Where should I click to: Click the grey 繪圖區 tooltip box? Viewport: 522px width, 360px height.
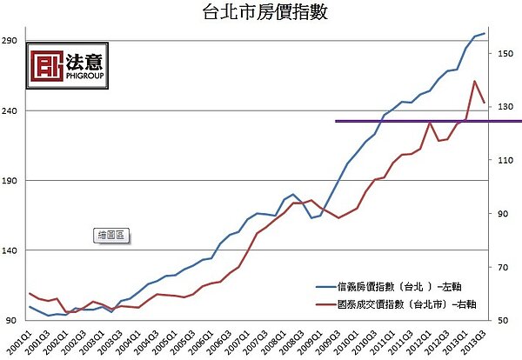(111, 234)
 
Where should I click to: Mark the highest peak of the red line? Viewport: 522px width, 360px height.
(474, 82)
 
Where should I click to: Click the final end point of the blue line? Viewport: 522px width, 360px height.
(485, 33)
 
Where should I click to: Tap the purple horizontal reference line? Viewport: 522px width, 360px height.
(418, 121)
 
